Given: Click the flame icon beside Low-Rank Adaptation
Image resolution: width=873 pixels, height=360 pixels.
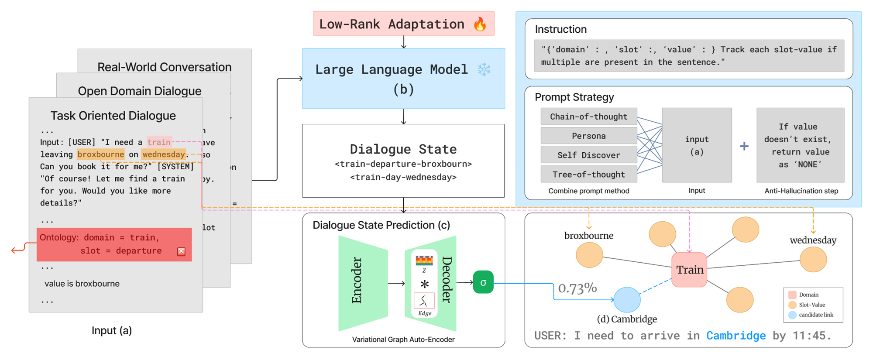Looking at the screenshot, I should [480, 24].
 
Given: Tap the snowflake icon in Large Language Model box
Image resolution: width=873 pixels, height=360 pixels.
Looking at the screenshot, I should [484, 69].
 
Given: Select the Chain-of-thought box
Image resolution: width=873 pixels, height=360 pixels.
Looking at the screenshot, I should [588, 117].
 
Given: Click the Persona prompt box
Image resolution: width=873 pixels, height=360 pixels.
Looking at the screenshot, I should [588, 136].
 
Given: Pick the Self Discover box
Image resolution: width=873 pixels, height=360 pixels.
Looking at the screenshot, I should [588, 155].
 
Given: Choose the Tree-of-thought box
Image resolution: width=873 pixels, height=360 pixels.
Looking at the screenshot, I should [588, 174].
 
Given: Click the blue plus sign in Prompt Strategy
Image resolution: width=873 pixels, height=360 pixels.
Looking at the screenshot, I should [744, 146].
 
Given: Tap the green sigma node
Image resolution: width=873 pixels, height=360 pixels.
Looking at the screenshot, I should [483, 282].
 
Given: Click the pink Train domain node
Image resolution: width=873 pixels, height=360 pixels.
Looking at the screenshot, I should [689, 270].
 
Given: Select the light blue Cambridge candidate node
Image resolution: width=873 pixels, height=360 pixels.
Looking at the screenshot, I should [627, 300].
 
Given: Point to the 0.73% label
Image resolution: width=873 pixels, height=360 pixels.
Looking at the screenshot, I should [577, 288].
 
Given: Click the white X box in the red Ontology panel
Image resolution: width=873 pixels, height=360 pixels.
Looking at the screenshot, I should [181, 251].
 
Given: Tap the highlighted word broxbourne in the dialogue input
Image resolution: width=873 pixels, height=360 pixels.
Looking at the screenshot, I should [100, 154].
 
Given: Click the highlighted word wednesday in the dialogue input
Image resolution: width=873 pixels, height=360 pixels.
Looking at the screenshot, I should [163, 154].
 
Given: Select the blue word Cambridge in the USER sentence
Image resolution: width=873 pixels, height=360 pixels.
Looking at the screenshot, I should [736, 336].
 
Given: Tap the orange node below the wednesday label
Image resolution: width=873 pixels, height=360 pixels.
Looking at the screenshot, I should [813, 259].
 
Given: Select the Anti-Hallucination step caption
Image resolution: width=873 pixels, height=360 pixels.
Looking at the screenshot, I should [801, 191].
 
